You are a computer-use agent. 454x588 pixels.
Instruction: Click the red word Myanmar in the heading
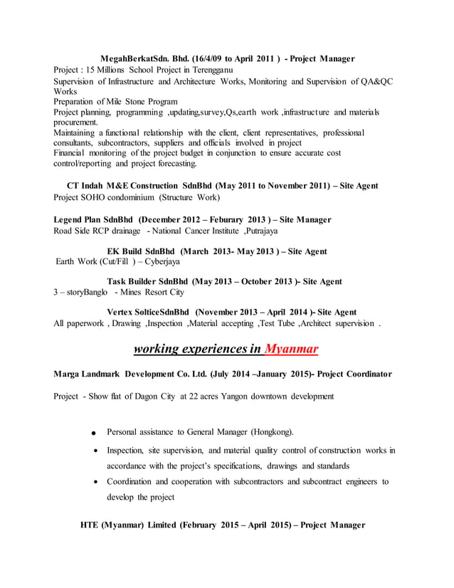291,349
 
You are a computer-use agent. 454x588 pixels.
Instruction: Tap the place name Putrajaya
255,231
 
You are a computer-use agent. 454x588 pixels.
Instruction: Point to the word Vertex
122,312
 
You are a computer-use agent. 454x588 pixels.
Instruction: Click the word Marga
68,374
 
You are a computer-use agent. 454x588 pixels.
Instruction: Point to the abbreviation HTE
90,525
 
